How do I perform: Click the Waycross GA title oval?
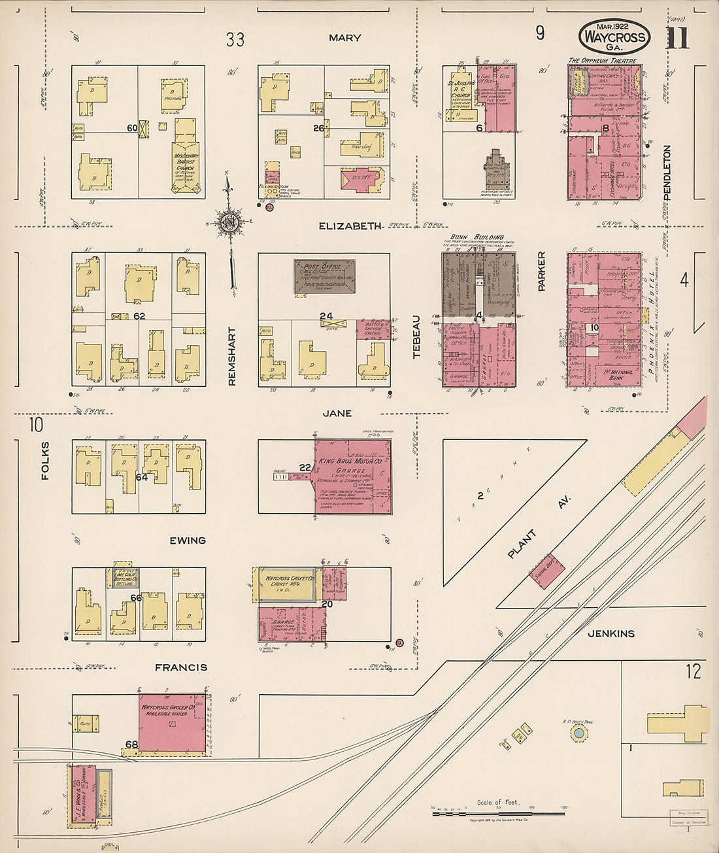614,37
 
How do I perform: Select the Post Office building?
324,276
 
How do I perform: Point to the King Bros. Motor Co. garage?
354,476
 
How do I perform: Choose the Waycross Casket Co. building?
286,583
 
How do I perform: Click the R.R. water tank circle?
578,733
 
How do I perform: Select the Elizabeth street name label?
350,226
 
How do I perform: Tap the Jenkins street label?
610,633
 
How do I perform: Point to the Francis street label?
181,667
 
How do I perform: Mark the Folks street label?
45,460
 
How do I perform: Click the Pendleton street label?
667,172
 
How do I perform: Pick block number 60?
132,128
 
